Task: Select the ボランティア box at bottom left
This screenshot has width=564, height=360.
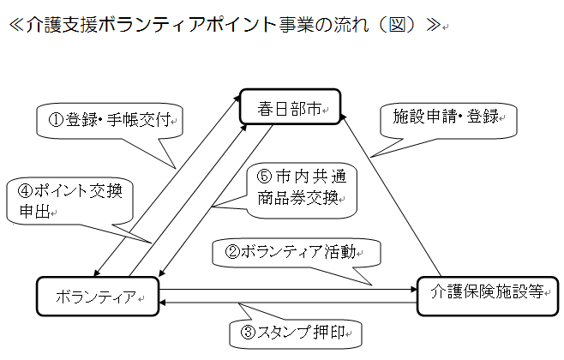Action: coord(98,297)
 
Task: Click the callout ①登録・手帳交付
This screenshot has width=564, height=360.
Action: coord(111,120)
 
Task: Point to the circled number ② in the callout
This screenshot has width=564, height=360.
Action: coord(231,252)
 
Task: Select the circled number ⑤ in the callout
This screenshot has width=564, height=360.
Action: coord(264,177)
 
